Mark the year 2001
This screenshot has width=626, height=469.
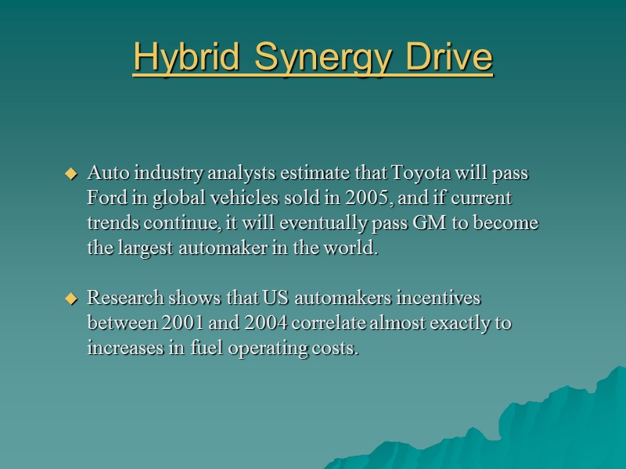coord(182,323)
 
